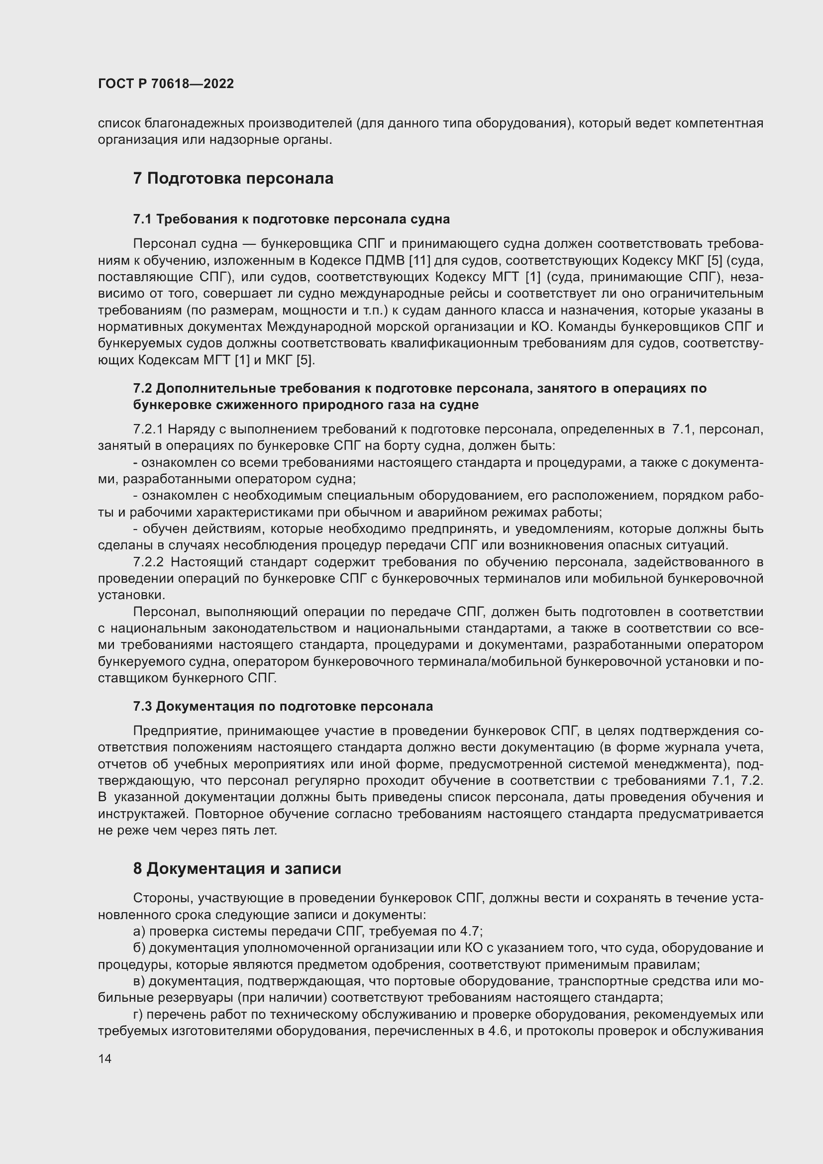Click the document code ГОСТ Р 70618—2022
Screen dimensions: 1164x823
[166, 84]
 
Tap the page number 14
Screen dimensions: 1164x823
[104, 1058]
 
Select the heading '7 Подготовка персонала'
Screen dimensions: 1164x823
[233, 179]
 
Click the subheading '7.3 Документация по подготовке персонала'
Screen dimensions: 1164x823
[283, 706]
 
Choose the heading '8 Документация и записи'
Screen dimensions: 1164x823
[237, 868]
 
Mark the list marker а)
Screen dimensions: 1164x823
[139, 931]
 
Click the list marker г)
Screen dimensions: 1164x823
[138, 1014]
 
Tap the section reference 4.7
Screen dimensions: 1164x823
[471, 931]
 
